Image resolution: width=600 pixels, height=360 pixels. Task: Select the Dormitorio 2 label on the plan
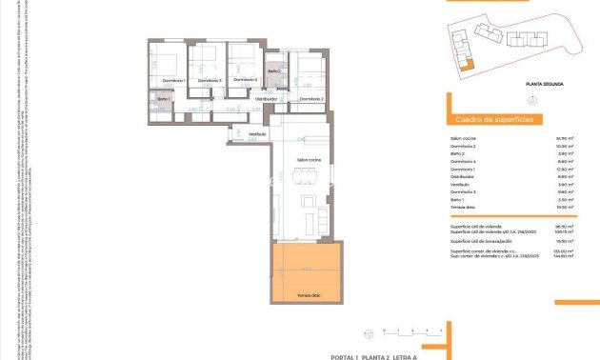click(x=311, y=98)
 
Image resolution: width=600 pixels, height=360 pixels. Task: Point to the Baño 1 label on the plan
click(x=163, y=99)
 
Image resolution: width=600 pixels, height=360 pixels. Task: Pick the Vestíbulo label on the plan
click(x=257, y=134)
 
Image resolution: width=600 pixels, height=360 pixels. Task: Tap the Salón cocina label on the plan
click(x=309, y=159)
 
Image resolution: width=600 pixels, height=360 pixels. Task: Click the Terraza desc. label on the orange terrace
click(x=307, y=296)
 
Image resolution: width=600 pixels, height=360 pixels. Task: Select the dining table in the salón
click(x=307, y=174)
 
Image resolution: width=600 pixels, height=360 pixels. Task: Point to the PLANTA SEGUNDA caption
click(x=544, y=85)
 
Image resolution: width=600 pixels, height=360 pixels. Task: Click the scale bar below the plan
click(x=412, y=330)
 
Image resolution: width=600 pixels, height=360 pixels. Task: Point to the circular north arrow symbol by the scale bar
click(x=369, y=331)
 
